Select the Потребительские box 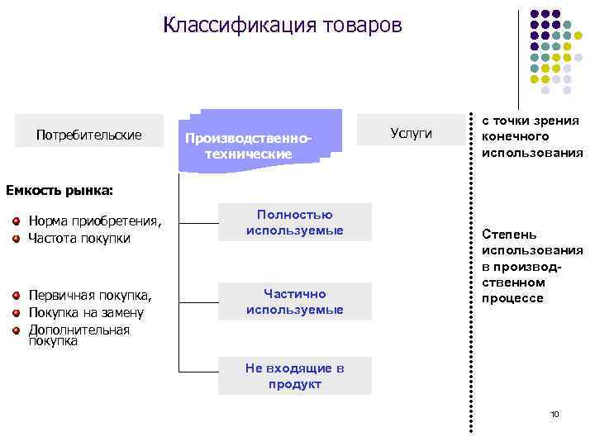pos(89,135)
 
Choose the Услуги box pos(410,134)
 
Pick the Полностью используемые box pos(294,223)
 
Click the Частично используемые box pos(294,302)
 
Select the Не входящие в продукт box pos(294,376)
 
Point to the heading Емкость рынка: pos(59,191)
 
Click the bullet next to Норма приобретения pos(16,221)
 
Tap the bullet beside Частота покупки pos(16,238)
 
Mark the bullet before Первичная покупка pos(16,295)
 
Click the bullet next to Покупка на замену pos(16,312)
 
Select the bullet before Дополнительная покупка pos(16,330)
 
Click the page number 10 pos(555,413)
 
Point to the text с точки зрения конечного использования pos(531,137)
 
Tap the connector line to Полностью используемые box pos(198,223)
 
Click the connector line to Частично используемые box pos(198,302)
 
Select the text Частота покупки pos(79,238)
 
